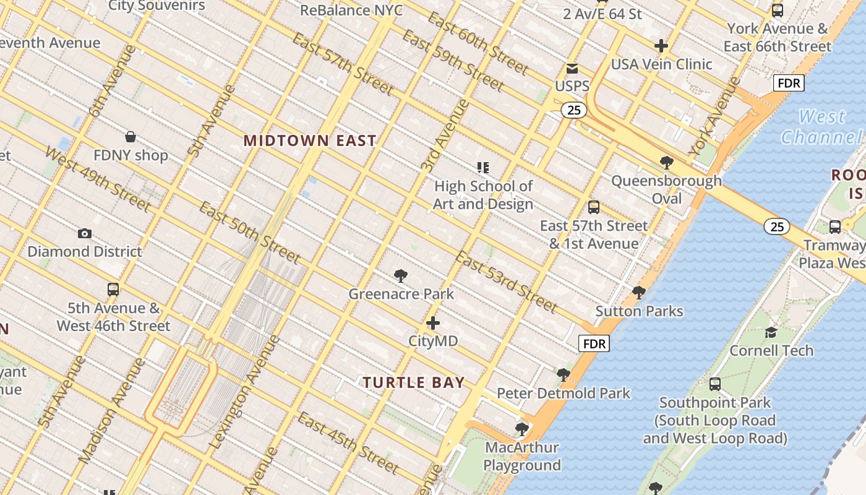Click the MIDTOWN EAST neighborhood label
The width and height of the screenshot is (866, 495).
pyautogui.click(x=310, y=140)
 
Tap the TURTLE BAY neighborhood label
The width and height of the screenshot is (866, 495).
pyautogui.click(x=413, y=382)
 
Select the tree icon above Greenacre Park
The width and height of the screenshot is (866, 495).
pyautogui.click(x=401, y=276)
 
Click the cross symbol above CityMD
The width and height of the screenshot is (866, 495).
pyautogui.click(x=433, y=323)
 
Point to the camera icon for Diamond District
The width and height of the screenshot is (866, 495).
pyautogui.click(x=85, y=233)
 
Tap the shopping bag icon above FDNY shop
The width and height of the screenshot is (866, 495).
pyautogui.click(x=131, y=136)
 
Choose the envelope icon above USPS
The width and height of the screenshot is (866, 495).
pyautogui.click(x=572, y=69)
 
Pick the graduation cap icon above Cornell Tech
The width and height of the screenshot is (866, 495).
pyautogui.click(x=771, y=332)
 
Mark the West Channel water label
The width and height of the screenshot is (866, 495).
pyautogui.click(x=821, y=126)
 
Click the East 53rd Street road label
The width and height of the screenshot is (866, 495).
pyautogui.click(x=507, y=282)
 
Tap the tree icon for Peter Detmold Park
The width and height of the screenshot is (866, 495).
pyautogui.click(x=563, y=374)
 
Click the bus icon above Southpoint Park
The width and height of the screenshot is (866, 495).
pyautogui.click(x=715, y=384)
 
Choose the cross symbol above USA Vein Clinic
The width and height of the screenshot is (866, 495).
pyautogui.click(x=661, y=46)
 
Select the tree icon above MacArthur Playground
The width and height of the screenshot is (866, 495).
pyautogui.click(x=522, y=428)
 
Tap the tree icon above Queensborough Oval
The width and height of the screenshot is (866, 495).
pyautogui.click(x=666, y=163)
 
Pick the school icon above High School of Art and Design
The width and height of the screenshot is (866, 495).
pyautogui.click(x=483, y=167)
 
